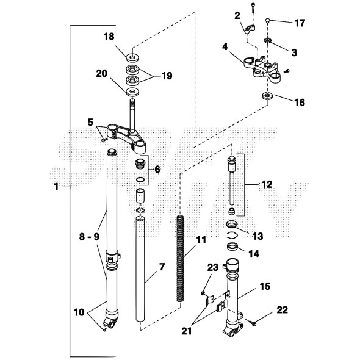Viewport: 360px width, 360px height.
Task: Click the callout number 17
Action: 300,23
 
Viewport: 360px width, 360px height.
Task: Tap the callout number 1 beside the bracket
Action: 56,187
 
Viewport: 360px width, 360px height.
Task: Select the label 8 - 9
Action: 89,237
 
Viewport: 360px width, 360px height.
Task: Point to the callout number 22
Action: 282,310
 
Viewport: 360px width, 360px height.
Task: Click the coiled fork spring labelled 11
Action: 180,259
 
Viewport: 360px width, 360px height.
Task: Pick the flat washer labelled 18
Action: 132,57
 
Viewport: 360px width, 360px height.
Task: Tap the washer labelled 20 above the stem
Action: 132,92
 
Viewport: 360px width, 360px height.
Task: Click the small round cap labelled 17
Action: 267,20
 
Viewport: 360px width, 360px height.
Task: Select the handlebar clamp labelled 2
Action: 250,29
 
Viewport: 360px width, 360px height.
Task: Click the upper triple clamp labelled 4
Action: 262,68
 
